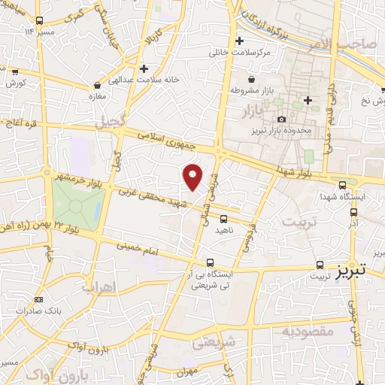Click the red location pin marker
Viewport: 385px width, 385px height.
click(x=193, y=177)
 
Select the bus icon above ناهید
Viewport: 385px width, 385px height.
click(x=223, y=219)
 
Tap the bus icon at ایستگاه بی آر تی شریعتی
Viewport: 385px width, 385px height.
click(x=209, y=262)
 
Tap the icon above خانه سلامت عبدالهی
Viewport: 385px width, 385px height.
click(x=99, y=86)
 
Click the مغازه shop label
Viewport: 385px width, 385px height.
click(x=99, y=96)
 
